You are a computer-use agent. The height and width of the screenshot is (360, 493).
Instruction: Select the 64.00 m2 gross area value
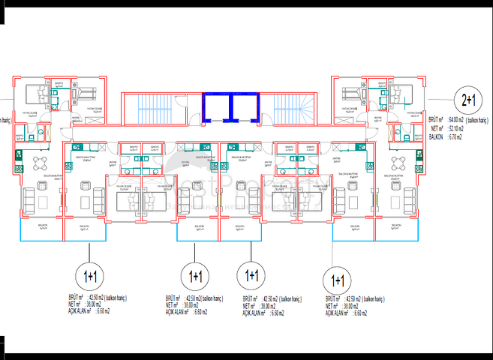tap(458, 119)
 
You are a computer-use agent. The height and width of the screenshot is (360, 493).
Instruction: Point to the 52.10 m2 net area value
tap(456, 128)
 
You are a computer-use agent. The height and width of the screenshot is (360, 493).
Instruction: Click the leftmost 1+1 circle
tap(92, 277)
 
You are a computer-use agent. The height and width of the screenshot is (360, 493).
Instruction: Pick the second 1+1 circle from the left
tap(194, 277)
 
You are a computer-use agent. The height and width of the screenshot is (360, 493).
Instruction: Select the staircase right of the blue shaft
tap(292, 108)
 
